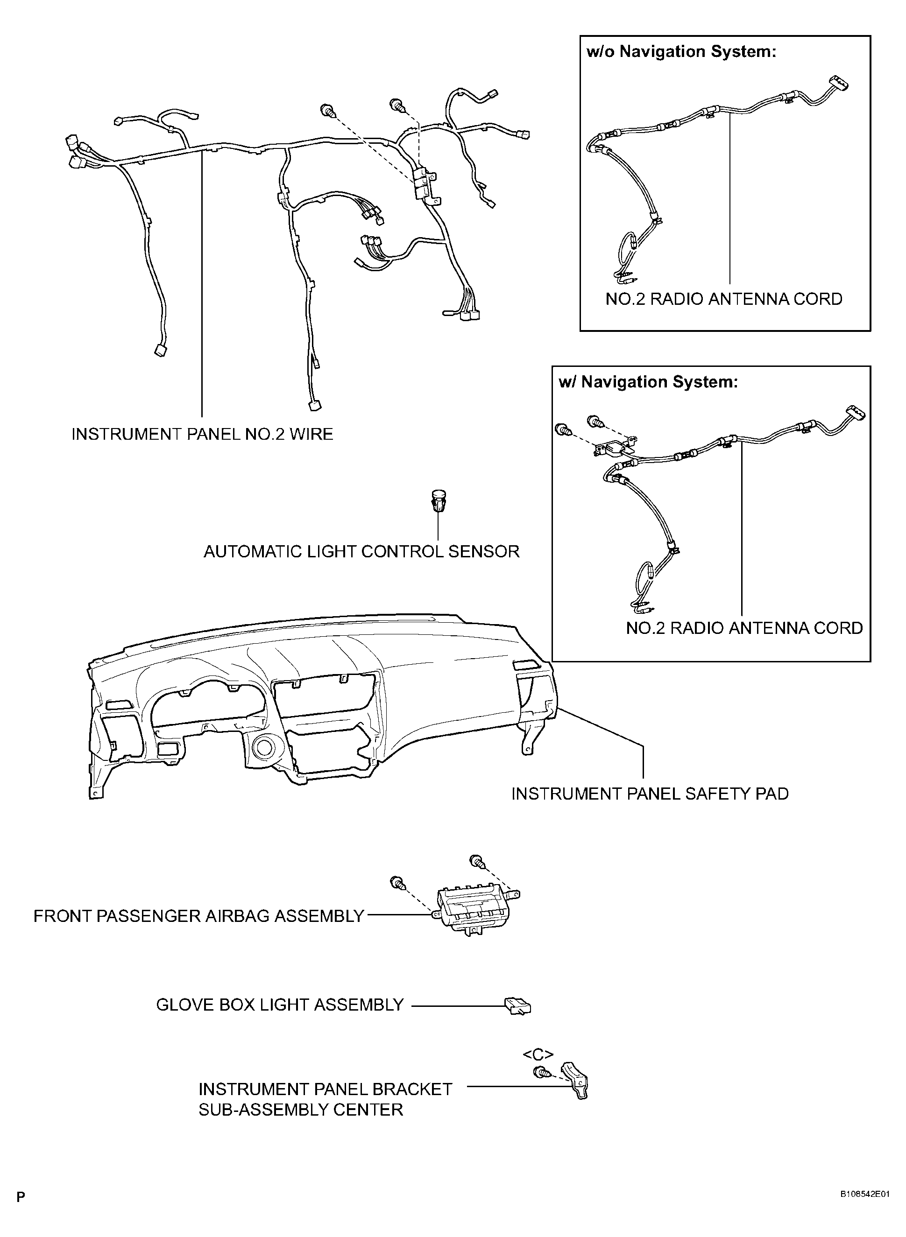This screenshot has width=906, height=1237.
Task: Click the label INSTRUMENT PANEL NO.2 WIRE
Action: (x=202, y=434)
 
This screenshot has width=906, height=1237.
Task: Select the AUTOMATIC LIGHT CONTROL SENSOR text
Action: (x=361, y=551)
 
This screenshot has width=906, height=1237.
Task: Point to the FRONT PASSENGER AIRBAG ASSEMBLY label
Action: (x=199, y=916)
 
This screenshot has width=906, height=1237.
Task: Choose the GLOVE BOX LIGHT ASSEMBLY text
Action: (x=280, y=1005)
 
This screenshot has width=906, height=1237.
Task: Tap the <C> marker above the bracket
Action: (x=538, y=1054)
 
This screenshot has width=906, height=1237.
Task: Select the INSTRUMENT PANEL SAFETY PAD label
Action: (x=650, y=794)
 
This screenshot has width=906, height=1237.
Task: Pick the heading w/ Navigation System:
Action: (x=648, y=382)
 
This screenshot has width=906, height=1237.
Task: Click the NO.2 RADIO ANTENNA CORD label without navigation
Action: (x=724, y=299)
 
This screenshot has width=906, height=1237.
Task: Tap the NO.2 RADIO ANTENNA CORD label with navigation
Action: (x=745, y=628)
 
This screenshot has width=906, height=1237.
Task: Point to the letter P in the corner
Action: (x=21, y=1209)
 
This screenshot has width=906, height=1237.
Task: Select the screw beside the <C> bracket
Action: (x=541, y=1072)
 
